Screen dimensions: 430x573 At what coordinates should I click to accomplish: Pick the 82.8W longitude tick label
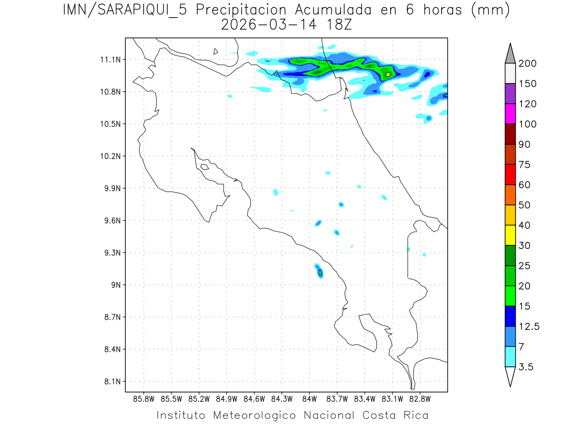pyautogui.click(x=420, y=398)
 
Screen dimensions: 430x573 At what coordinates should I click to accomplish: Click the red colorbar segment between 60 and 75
pyautogui.click(x=510, y=174)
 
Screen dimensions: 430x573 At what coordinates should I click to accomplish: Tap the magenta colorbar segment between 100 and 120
pyautogui.click(x=510, y=114)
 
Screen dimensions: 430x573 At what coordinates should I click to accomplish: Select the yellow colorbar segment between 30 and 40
pyautogui.click(x=510, y=235)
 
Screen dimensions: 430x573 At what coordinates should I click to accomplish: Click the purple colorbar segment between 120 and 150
pyautogui.click(x=510, y=94)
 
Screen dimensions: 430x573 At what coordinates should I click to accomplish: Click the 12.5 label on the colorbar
pyautogui.click(x=529, y=326)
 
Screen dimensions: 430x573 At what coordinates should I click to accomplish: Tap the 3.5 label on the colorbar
pyautogui.click(x=526, y=367)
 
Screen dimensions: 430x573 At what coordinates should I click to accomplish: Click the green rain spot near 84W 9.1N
pyautogui.click(x=320, y=273)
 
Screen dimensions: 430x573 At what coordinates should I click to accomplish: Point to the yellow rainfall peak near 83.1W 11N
pyautogui.click(x=388, y=75)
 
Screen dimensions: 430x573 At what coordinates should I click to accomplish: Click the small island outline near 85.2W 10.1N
pyautogui.click(x=204, y=167)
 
